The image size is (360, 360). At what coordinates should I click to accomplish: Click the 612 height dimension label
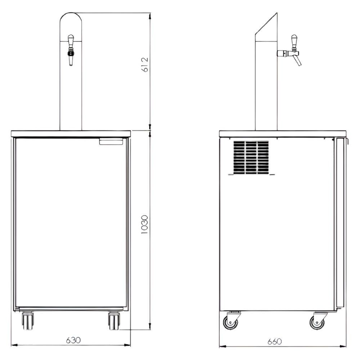[145, 65]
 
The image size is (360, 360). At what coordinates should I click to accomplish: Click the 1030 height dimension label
[144, 224]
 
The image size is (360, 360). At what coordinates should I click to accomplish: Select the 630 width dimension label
[73, 340]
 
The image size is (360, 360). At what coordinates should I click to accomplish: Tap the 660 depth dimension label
[275, 342]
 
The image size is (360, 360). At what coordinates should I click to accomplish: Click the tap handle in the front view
[71, 40]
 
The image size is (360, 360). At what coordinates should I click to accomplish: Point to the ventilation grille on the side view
[251, 158]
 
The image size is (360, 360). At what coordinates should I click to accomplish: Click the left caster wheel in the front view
[28, 321]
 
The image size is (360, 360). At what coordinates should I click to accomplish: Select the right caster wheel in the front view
[114, 321]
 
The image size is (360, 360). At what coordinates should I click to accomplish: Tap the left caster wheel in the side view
[230, 322]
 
